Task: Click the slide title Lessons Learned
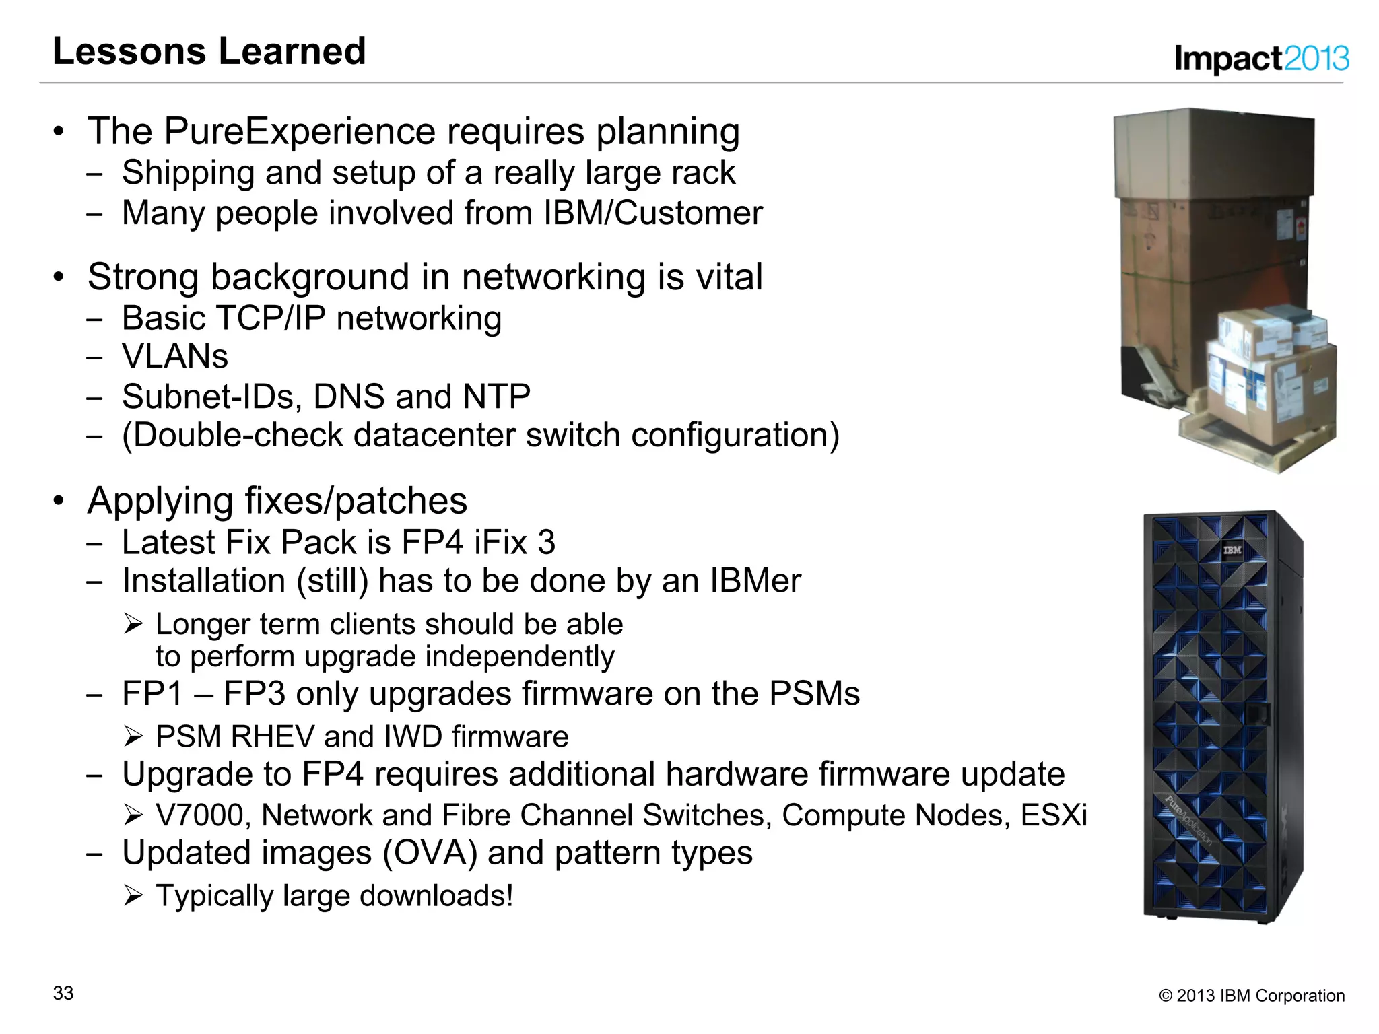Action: click(209, 52)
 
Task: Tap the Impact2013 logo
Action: click(1260, 59)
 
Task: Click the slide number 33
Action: click(63, 993)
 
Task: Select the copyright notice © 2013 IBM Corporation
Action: click(1251, 996)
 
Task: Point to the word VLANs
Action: click(174, 356)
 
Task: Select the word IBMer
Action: click(755, 581)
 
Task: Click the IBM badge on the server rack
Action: click(1232, 551)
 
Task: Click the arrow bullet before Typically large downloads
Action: click(133, 896)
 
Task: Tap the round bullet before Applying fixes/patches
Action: click(59, 501)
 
